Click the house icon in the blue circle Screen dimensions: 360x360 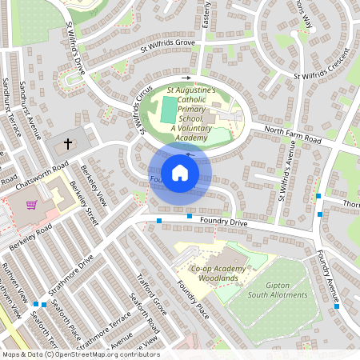click(x=180, y=172)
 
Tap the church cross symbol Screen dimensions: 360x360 click(x=68, y=145)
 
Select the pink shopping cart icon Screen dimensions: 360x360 click(x=31, y=205)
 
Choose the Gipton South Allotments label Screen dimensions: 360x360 click(x=278, y=290)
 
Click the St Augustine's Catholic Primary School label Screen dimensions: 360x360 click(x=191, y=114)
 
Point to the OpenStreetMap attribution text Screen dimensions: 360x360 click(x=80, y=354)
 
